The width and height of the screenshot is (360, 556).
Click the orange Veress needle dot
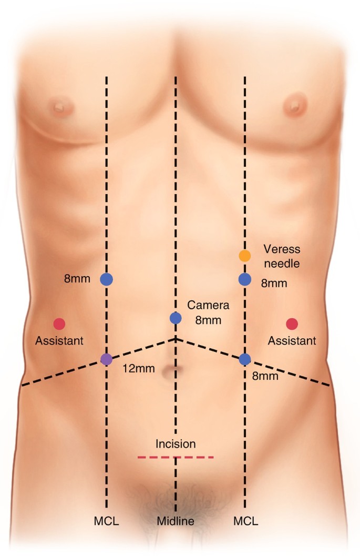(244, 256)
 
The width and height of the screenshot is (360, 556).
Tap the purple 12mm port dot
(107, 360)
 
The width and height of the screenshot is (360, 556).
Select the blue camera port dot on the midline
(176, 318)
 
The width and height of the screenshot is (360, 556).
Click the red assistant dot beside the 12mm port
(59, 324)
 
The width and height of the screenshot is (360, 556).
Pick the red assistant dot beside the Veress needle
(292, 324)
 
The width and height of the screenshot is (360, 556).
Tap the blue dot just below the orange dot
(244, 279)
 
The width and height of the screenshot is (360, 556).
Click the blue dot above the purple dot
(107, 279)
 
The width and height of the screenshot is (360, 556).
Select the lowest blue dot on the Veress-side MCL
(244, 359)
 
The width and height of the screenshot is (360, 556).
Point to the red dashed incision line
(176, 458)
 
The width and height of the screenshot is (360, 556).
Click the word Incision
(176, 444)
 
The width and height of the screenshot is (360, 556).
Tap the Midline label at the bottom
(176, 522)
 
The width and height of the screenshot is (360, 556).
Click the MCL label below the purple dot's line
(107, 522)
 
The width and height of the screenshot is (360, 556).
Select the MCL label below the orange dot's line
(245, 522)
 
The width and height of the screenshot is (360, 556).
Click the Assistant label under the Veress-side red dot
(292, 341)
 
